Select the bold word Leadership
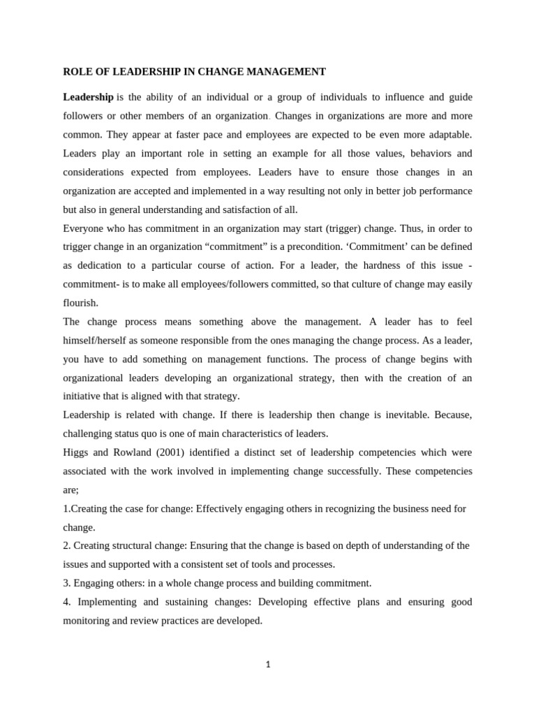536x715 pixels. pos(88,96)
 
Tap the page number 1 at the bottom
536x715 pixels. pos(267,664)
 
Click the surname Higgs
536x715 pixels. pos(76,452)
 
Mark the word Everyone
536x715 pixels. pos(84,228)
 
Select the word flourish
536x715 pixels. pos(80,303)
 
